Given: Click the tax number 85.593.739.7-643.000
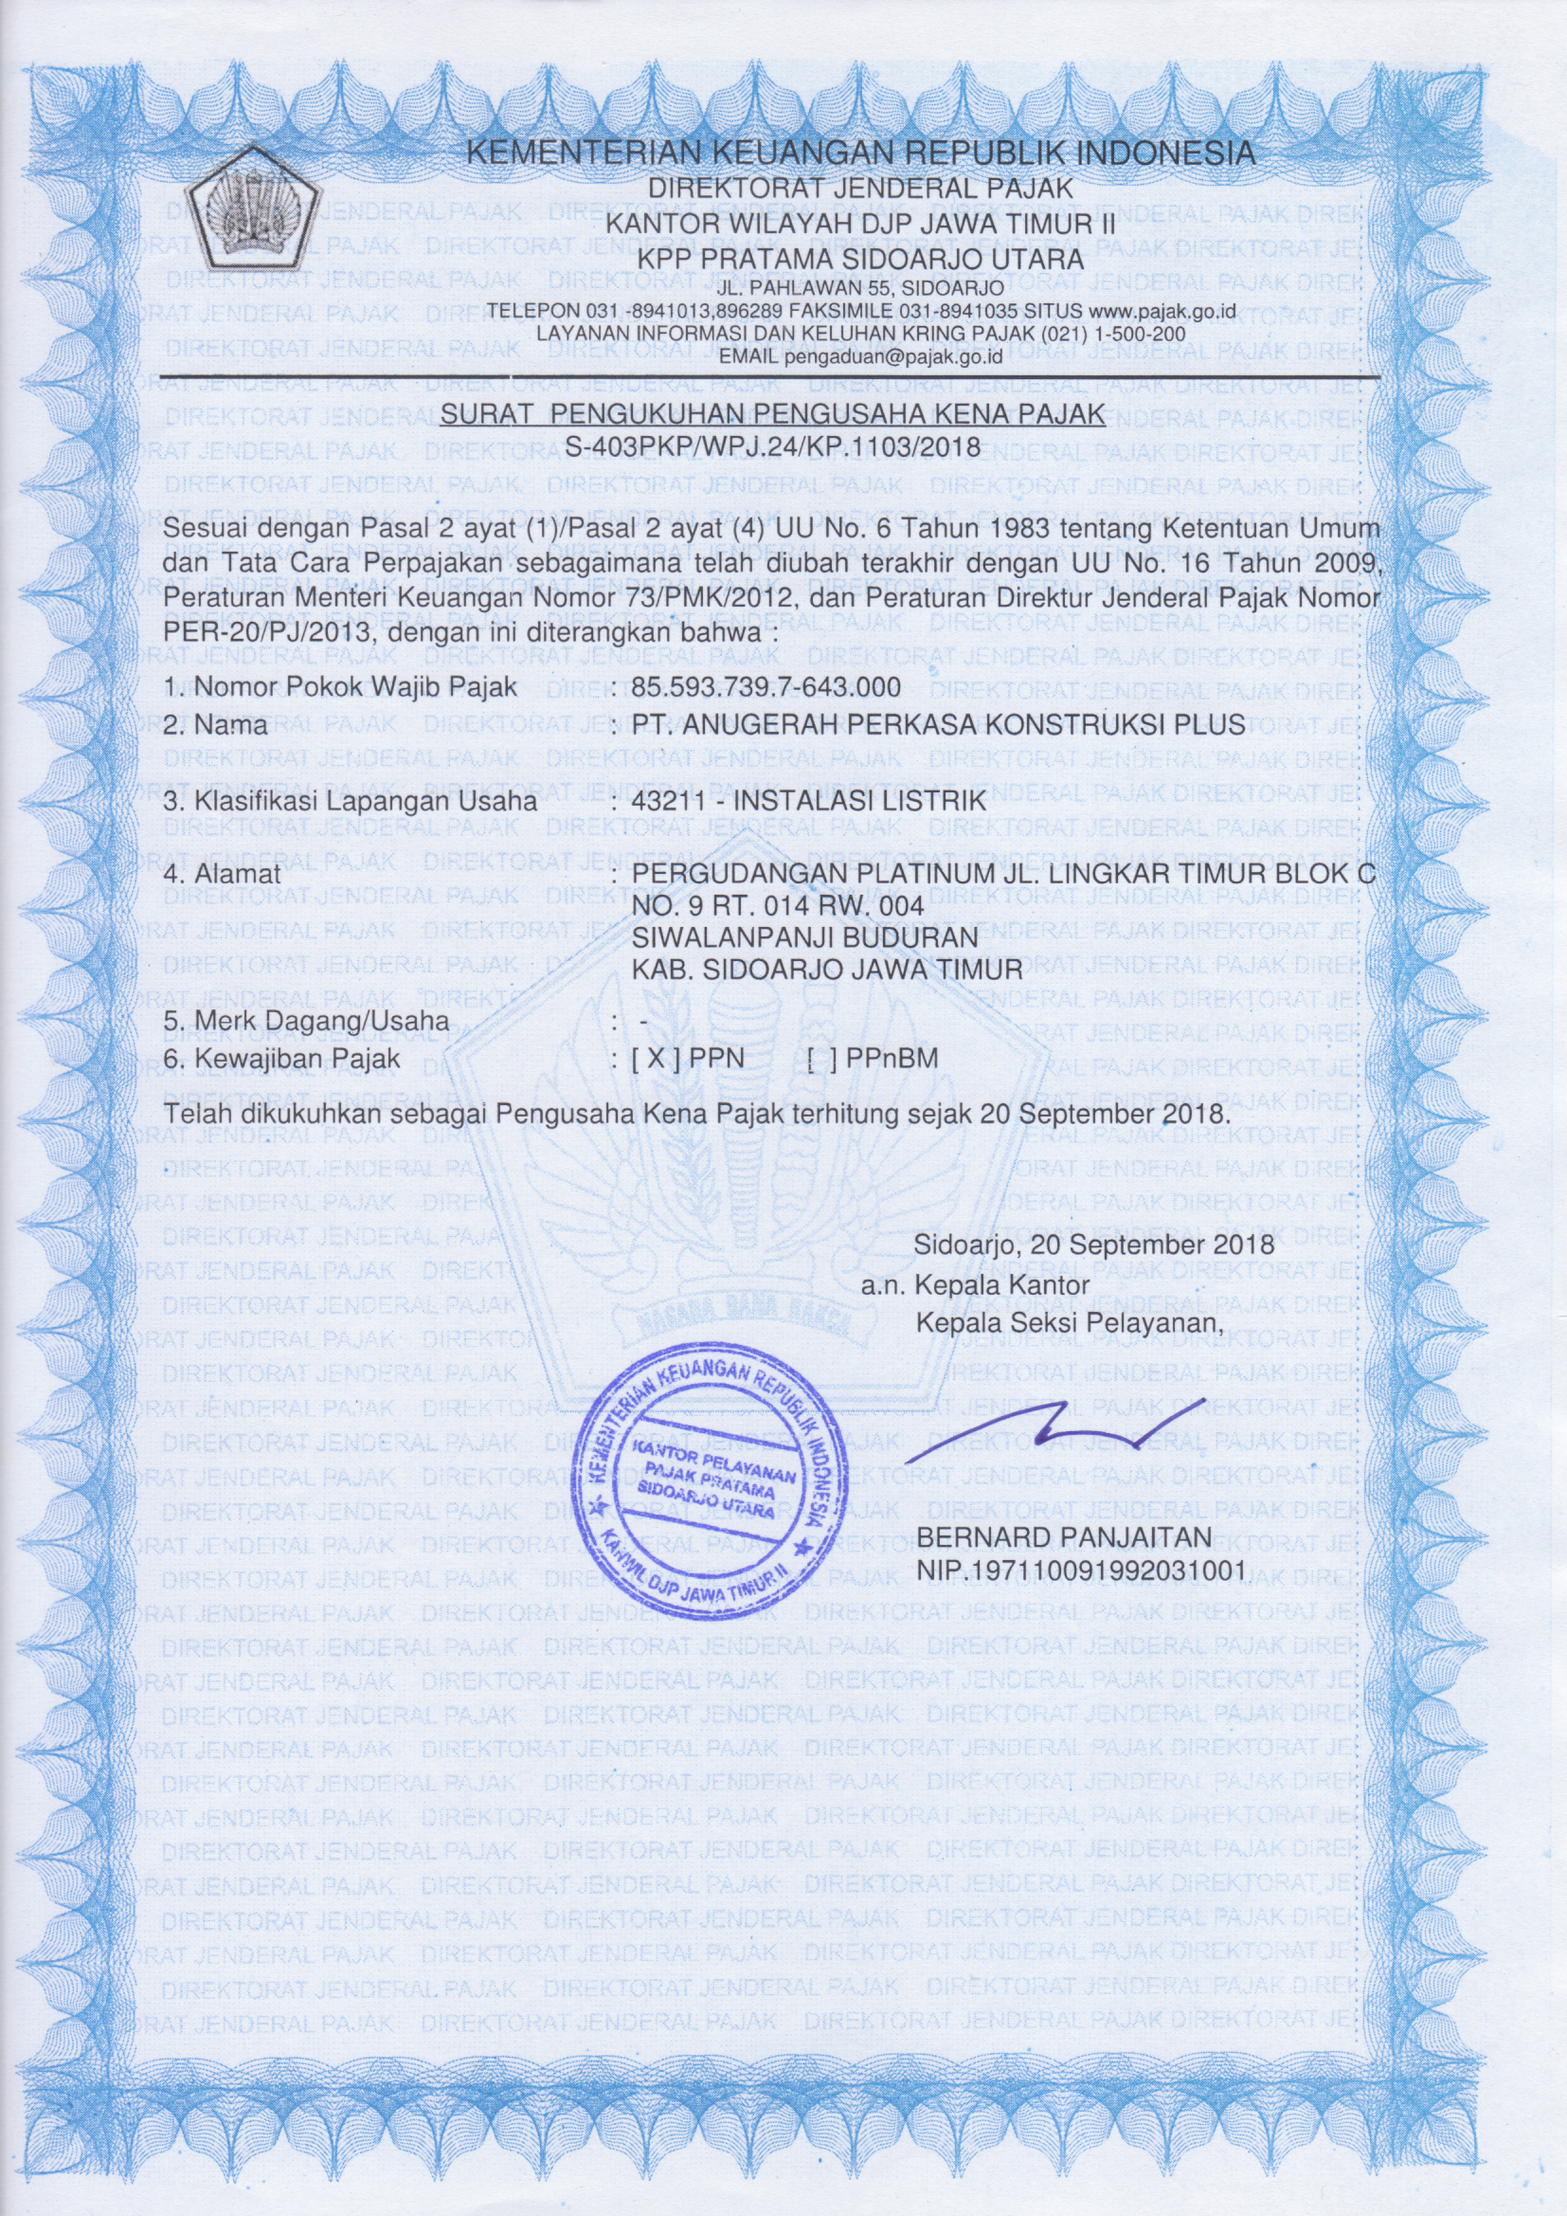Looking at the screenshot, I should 767,686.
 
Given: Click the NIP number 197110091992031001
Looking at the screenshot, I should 1080,1571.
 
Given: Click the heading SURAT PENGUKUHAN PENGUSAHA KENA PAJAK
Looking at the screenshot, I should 771,416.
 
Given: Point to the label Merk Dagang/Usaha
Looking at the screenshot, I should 307,1020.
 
